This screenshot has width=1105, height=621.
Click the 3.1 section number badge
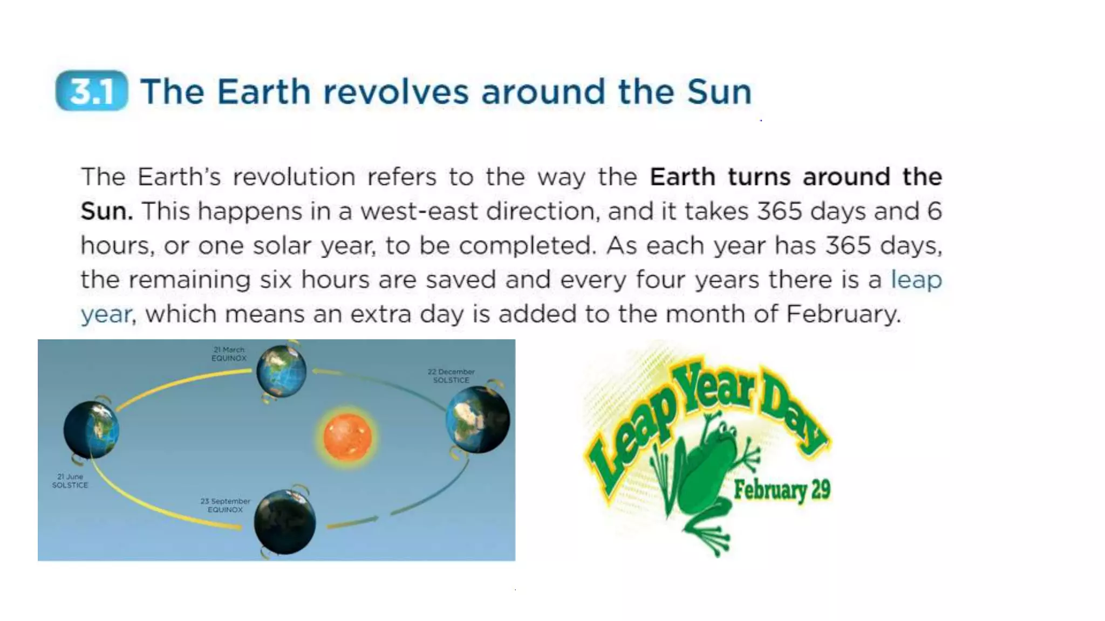coord(92,91)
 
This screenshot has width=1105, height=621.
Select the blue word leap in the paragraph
coord(916,280)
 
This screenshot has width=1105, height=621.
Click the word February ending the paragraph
coord(843,314)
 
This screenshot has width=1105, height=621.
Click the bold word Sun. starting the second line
coord(106,211)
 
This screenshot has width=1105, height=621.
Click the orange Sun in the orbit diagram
coord(347,437)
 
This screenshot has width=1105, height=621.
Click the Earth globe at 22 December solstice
coord(478,420)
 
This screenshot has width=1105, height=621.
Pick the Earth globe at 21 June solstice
coord(91,430)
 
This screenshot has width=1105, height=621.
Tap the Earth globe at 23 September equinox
coord(285,522)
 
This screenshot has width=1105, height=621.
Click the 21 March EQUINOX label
coord(229,354)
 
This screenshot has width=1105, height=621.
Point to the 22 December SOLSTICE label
coord(451,376)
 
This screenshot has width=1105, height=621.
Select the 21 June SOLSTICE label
coord(70,481)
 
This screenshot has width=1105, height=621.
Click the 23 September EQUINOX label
coord(225,505)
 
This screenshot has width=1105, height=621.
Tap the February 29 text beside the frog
coord(782,490)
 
